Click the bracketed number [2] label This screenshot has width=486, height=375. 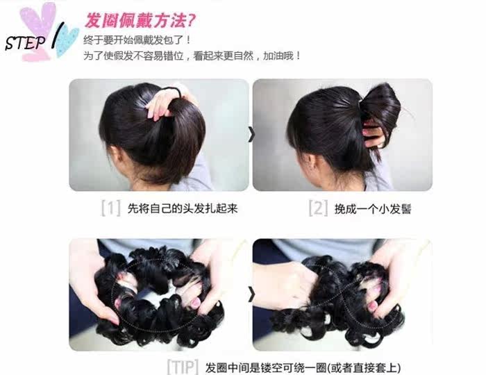click(318, 208)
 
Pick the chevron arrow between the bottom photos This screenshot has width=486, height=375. click(251, 294)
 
